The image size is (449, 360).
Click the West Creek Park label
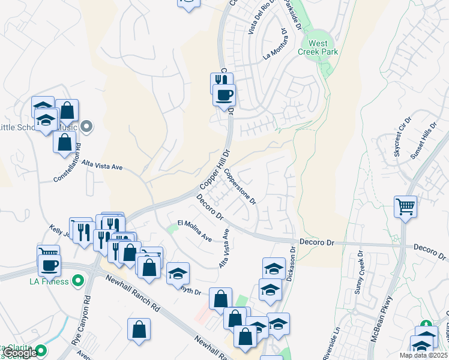coord(318,47)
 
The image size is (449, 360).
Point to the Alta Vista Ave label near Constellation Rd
coord(102,165)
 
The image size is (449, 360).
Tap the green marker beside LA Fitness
coord(77,281)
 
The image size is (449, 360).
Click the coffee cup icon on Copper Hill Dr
coord(224,95)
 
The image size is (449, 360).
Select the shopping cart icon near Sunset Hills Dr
coord(406,206)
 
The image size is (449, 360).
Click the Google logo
coord(20,353)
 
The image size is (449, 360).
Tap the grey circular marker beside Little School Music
coord(87,127)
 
